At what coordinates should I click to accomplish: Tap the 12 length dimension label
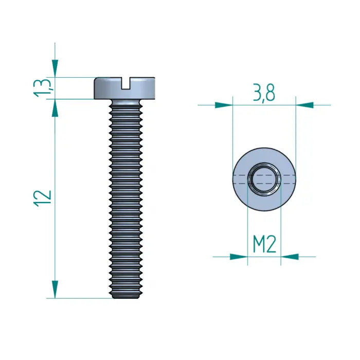click(44, 196)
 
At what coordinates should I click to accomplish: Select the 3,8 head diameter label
click(264, 93)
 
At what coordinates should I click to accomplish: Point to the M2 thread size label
click(264, 245)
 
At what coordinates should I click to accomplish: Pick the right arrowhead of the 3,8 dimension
click(304, 105)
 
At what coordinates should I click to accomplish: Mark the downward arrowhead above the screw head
click(55, 68)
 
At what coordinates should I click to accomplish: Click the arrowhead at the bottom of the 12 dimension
click(55, 289)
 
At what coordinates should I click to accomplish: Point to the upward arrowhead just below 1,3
click(55, 107)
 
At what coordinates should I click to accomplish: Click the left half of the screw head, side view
click(107, 88)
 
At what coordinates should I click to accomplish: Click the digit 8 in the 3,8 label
click(270, 93)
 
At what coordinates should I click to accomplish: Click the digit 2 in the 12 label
click(44, 192)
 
